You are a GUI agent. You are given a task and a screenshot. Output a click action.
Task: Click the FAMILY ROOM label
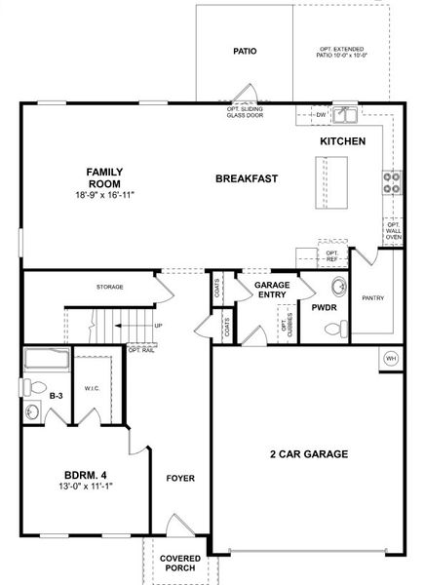(104, 176)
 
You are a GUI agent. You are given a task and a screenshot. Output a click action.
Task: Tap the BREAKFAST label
(247, 178)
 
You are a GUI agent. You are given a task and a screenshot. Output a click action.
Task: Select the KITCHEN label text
(343, 141)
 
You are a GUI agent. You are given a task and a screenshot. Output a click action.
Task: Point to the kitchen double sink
(344, 116)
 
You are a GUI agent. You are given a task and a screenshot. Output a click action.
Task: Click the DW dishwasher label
(321, 115)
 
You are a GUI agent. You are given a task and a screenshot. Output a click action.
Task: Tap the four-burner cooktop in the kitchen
(394, 180)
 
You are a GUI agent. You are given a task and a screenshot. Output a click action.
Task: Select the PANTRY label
(372, 297)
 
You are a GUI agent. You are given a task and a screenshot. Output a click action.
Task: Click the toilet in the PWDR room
(334, 330)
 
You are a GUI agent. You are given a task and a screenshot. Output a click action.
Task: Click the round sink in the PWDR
(338, 287)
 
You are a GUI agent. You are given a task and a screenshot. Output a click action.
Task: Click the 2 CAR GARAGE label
(308, 454)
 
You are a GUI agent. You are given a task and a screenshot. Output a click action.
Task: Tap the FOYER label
(180, 479)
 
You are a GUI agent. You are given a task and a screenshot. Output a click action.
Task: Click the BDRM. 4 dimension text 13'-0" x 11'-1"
(81, 485)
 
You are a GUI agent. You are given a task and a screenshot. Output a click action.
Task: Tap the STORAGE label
(109, 288)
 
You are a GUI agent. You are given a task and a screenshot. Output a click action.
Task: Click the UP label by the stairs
(158, 326)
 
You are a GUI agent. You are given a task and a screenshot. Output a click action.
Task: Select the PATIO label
(245, 50)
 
